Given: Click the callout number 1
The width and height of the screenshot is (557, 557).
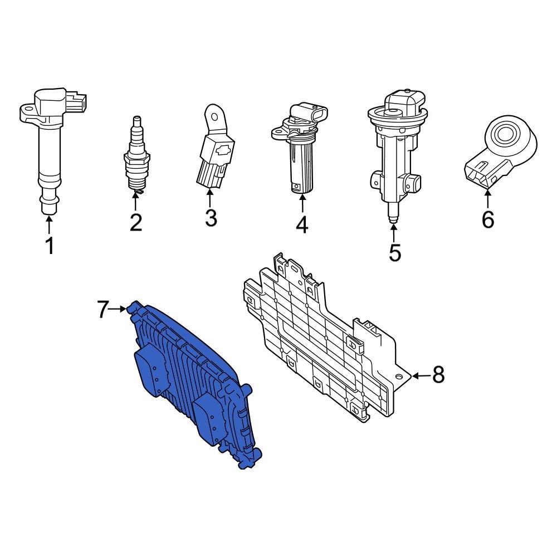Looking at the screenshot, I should (x=50, y=245).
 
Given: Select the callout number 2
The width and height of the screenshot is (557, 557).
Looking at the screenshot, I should (x=136, y=222).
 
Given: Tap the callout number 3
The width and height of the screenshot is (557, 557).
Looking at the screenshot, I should (x=211, y=218).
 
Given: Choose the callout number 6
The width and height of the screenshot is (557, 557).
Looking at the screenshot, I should (x=487, y=219).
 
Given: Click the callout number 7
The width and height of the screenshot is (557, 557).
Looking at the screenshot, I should (x=102, y=310).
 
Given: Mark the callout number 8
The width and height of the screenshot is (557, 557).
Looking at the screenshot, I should (x=439, y=375).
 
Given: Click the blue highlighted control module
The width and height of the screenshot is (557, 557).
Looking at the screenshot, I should (x=189, y=384).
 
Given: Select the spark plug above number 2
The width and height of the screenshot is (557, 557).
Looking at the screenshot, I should (x=136, y=156).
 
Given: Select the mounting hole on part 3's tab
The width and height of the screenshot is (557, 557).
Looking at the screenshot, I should (x=212, y=115).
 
